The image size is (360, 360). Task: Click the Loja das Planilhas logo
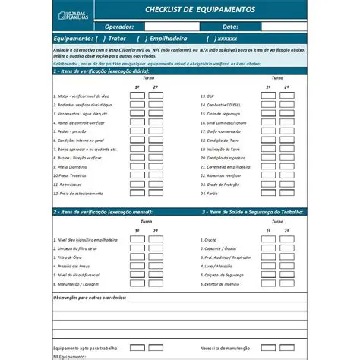[72, 15]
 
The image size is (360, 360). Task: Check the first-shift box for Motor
[137, 96]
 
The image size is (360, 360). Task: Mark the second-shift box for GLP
[286, 96]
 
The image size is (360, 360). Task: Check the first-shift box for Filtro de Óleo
[137, 257]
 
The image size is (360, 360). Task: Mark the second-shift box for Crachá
[286, 238]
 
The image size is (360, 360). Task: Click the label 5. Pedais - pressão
[77, 131]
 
